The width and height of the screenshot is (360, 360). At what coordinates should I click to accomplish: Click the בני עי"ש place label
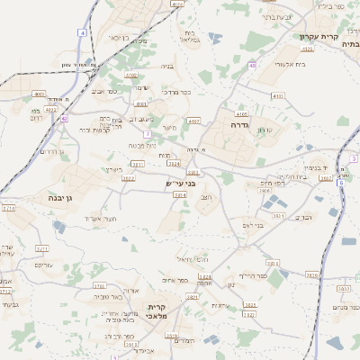pyautogui.click(x=179, y=183)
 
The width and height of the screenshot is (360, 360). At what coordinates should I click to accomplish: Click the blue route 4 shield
pyautogui.click(x=83, y=32)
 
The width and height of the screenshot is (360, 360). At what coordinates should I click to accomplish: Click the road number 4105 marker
pyautogui.click(x=240, y=114)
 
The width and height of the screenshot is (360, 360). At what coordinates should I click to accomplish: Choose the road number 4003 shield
pyautogui.click(x=39, y=93)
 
